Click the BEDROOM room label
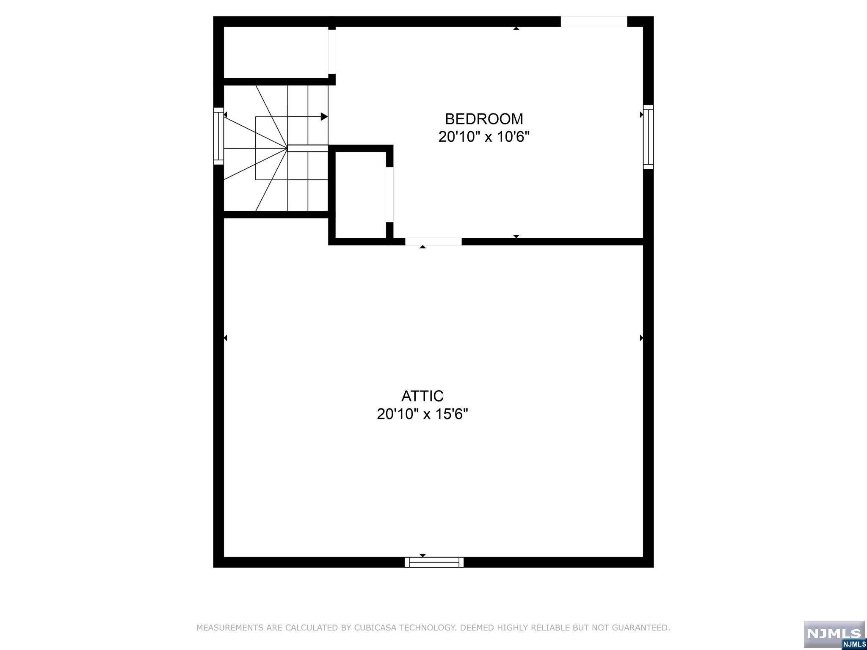click(x=484, y=119)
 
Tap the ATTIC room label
click(x=422, y=396)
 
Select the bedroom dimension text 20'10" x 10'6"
click(x=484, y=137)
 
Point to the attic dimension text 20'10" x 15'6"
click(x=422, y=414)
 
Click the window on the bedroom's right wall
click(x=648, y=137)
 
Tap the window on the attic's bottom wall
click(x=434, y=562)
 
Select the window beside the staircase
click(x=218, y=136)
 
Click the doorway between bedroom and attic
click(x=433, y=242)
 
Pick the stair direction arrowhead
click(x=324, y=117)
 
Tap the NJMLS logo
click(x=834, y=633)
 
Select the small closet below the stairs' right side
click(x=360, y=195)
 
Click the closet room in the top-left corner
click(x=276, y=52)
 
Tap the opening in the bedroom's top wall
click(x=594, y=22)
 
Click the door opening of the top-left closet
click(x=332, y=52)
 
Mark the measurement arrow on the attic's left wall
click(x=226, y=338)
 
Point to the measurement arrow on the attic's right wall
click(x=641, y=338)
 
